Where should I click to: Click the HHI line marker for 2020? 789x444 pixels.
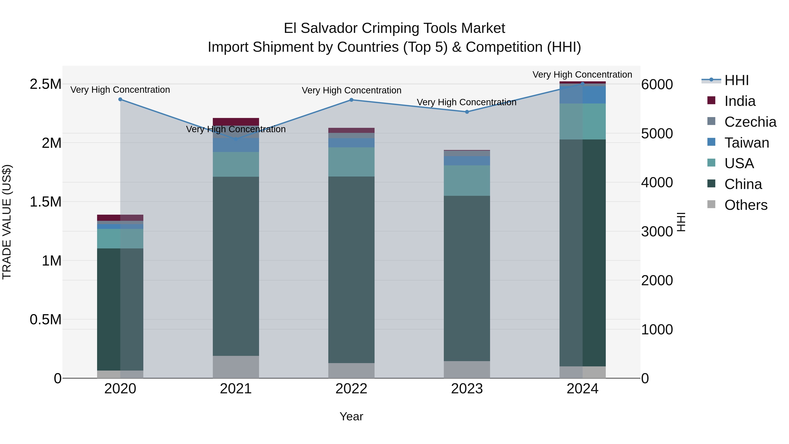tap(120, 99)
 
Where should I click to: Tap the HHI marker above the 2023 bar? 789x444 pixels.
tap(467, 112)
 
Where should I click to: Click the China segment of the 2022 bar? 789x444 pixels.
tap(351, 270)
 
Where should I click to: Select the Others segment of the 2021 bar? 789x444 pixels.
tap(236, 367)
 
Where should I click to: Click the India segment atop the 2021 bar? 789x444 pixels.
tap(236, 121)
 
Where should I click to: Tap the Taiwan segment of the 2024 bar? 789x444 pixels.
tap(582, 95)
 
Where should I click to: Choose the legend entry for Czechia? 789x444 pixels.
tap(750, 122)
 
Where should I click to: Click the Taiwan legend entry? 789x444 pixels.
tap(746, 143)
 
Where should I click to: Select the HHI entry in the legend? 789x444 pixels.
tap(736, 80)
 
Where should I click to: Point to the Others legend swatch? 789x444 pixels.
tap(711, 204)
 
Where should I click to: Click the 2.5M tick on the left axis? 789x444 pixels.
tap(45, 84)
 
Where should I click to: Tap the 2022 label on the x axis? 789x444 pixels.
tap(351, 389)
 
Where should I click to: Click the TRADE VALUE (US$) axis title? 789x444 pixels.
tap(7, 222)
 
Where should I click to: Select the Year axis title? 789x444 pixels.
tap(351, 416)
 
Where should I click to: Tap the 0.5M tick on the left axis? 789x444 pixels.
tap(45, 320)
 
